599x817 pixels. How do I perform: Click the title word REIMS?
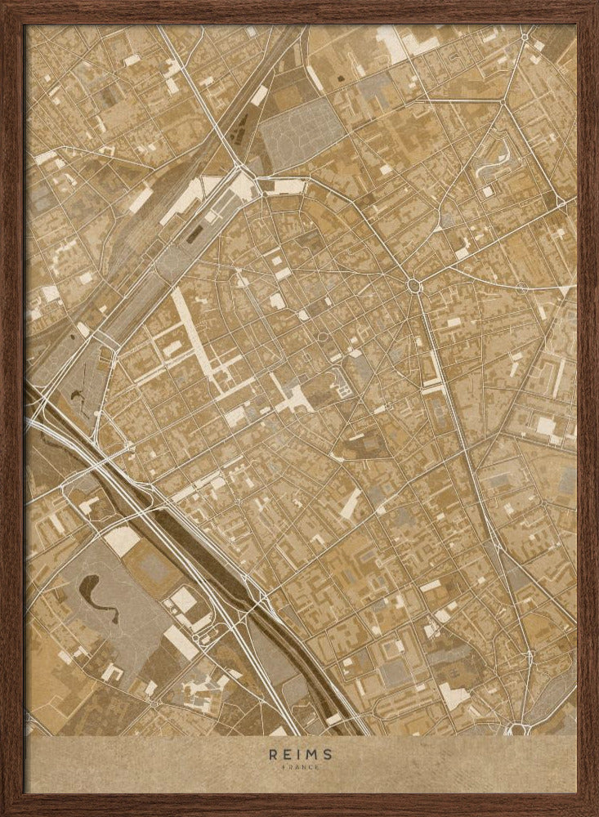pyautogui.click(x=299, y=756)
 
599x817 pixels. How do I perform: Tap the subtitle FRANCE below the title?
pyautogui.click(x=299, y=767)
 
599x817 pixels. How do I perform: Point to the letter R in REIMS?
pyautogui.click(x=271, y=756)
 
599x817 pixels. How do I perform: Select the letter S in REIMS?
pyautogui.click(x=327, y=756)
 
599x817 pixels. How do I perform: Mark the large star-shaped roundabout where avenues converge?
pyautogui.click(x=414, y=284)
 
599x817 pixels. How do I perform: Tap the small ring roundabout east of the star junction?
pyautogui.click(x=521, y=288)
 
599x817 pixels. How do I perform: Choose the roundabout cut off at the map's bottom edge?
pyautogui.click(x=516, y=729)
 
